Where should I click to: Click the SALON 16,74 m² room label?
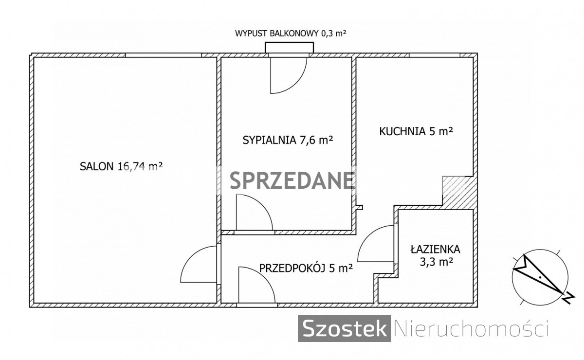121,166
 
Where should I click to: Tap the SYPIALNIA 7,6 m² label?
288,140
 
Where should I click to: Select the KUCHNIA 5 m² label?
416,131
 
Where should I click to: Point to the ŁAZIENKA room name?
436,249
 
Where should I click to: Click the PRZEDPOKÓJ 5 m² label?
306,268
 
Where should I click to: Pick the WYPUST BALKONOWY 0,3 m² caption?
291,34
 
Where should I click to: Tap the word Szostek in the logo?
344,328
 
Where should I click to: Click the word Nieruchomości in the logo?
472,329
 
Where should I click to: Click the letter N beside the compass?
568,300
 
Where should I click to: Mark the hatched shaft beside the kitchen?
458,193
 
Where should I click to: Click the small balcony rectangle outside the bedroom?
290,48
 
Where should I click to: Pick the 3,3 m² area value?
436,261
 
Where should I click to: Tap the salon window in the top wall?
164,55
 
